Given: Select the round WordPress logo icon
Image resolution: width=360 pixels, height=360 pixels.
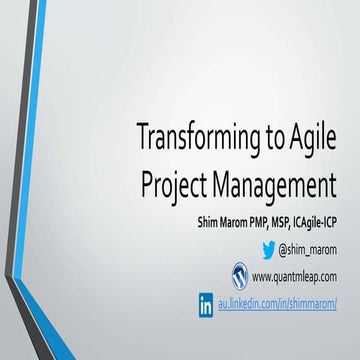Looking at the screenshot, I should (x=239, y=275).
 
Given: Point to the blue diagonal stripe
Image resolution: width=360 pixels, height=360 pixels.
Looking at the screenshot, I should (x=41, y=180).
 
